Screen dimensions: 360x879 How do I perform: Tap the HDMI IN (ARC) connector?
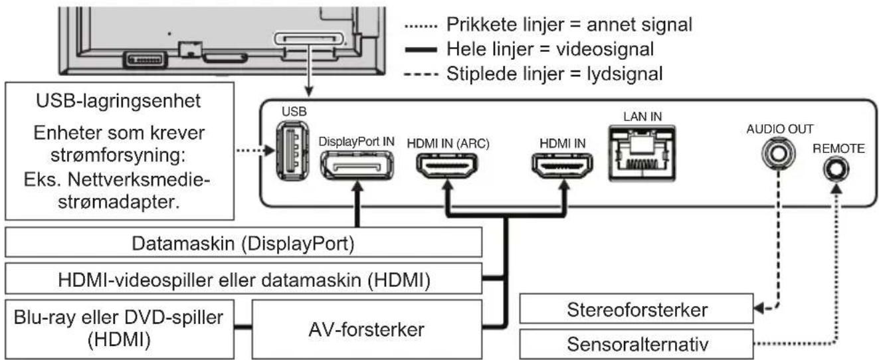[446, 165]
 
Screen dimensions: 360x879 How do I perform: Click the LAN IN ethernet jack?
[641, 153]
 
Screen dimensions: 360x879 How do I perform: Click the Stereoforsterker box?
[637, 310]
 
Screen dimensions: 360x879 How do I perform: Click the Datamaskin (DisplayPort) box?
[243, 243]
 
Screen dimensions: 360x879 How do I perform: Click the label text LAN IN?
[641, 117]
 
